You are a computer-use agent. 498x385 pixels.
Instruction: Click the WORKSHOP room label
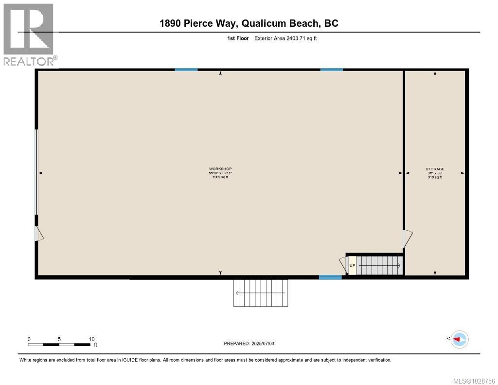pos(220,169)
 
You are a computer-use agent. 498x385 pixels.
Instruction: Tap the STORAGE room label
pos(435,169)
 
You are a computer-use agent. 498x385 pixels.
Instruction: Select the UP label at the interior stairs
pos(352,265)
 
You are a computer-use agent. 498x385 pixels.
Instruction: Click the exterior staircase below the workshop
pos(260,293)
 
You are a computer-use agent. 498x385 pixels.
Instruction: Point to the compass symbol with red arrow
pos(459,339)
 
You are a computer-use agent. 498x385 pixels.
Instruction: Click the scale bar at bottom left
pos(59,345)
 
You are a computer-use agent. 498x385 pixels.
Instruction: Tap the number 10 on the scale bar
pos(91,339)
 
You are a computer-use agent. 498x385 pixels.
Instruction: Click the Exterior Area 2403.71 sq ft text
pos(285,38)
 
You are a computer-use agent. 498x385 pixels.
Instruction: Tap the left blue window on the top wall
pos(186,70)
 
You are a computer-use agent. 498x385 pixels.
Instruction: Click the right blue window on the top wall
pos(331,70)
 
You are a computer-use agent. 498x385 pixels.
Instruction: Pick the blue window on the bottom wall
pos(330,277)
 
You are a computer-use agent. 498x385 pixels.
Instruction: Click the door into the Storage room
pos(407,238)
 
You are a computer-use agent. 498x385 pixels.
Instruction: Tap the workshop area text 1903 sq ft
pos(220,177)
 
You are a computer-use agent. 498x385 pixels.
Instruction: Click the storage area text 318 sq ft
pos(435,177)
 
